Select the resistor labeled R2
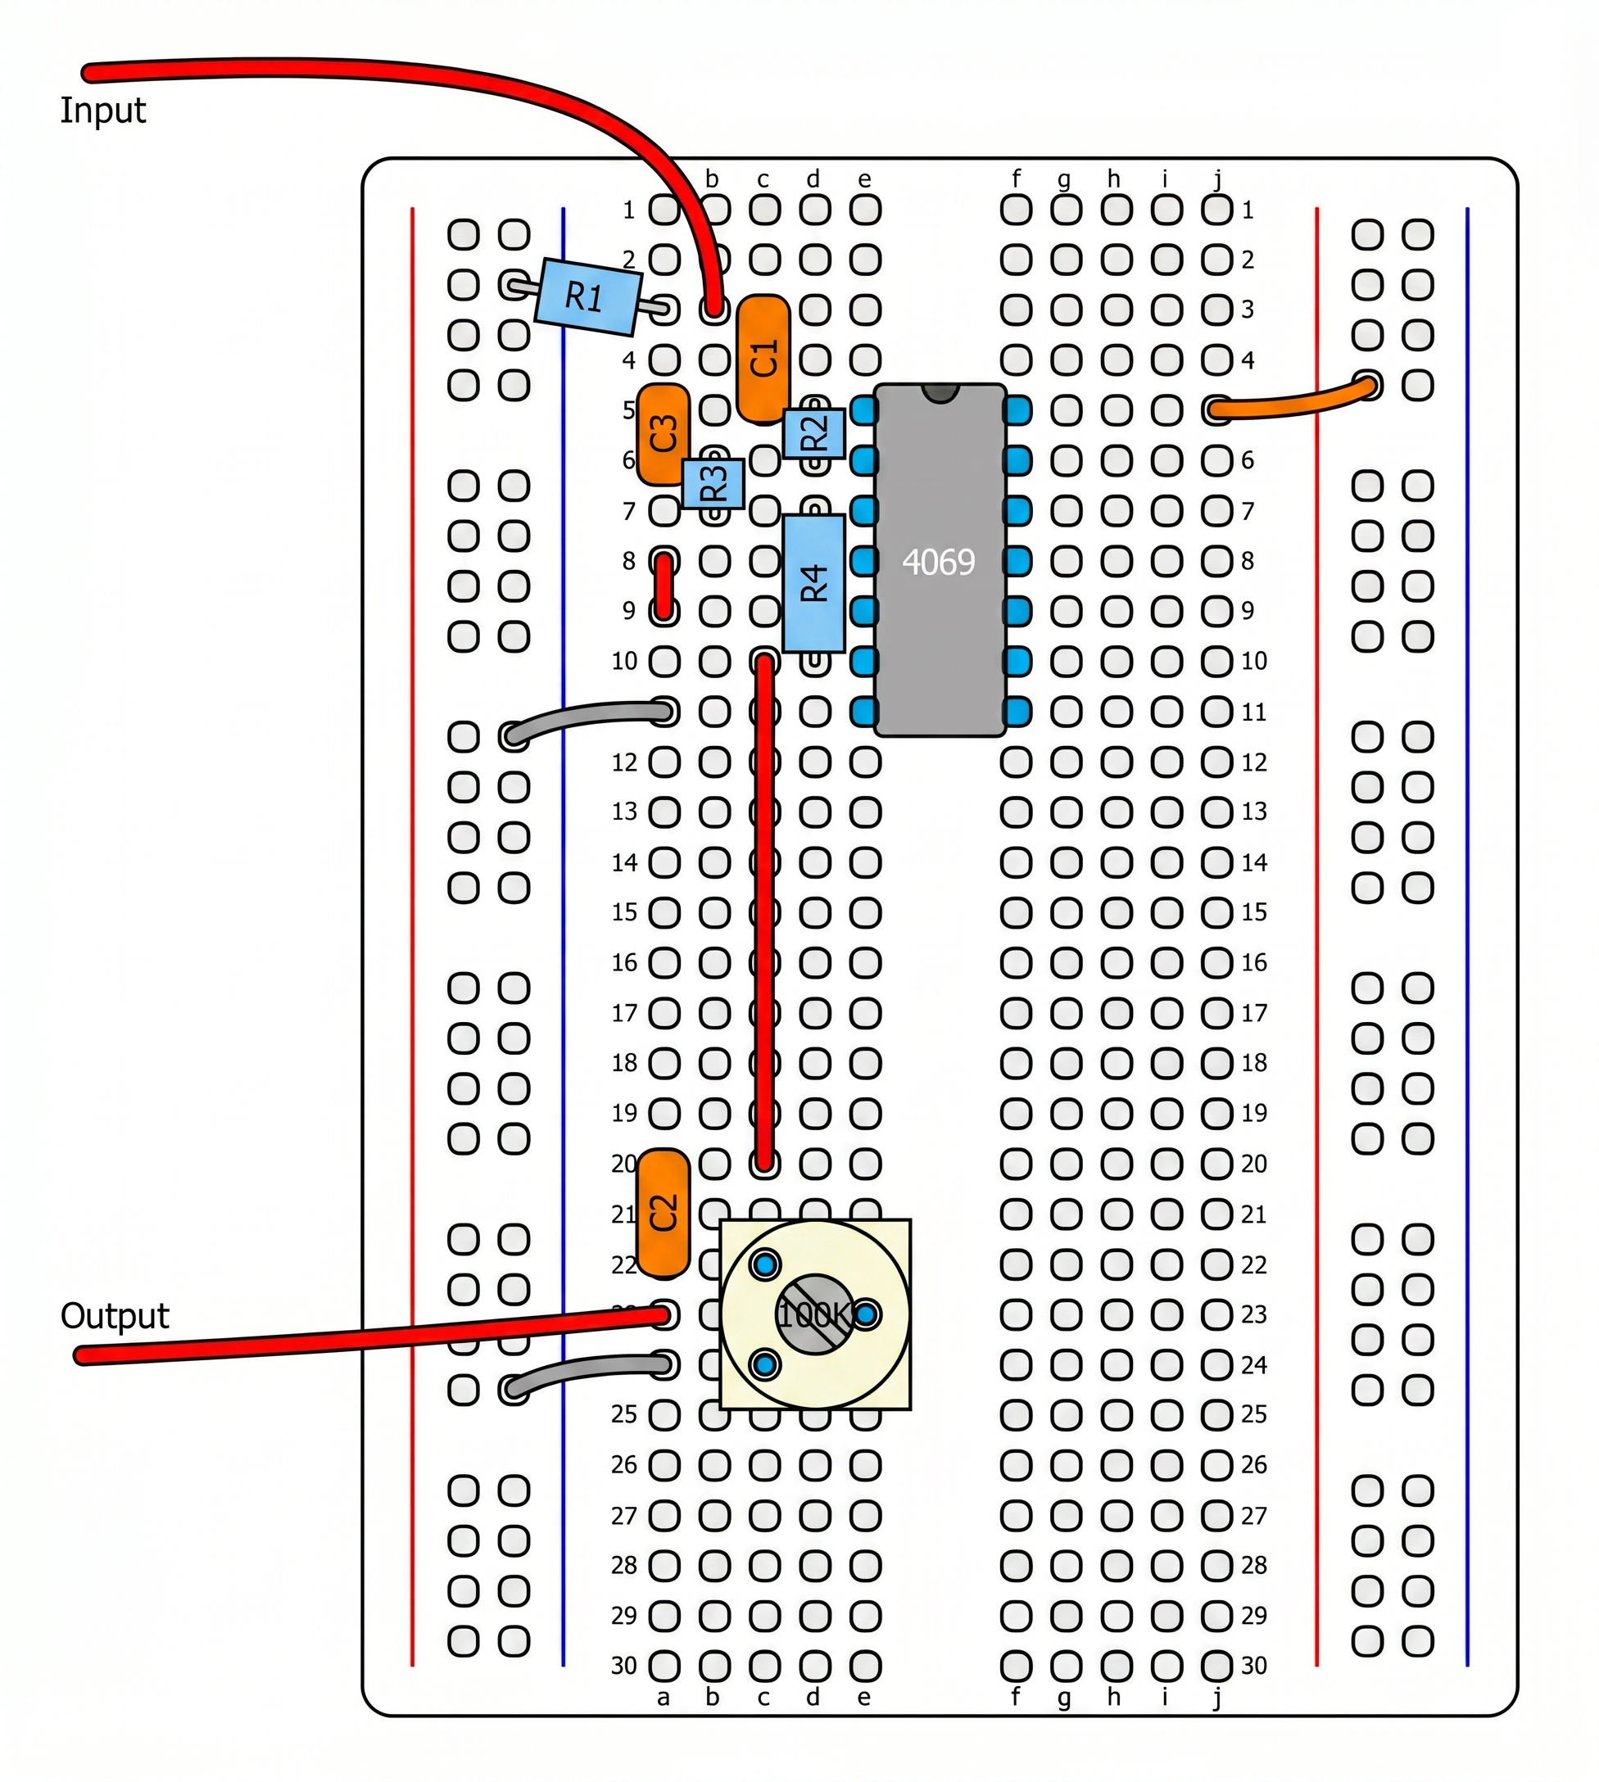(814, 433)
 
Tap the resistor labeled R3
(713, 484)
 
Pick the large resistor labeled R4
(813, 582)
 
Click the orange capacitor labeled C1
(763, 359)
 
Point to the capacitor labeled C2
(664, 1213)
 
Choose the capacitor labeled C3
(663, 434)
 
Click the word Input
(102, 111)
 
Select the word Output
(114, 1316)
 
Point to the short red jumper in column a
(664, 586)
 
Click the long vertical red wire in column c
(764, 913)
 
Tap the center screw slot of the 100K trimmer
(814, 1314)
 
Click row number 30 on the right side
(1253, 1665)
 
